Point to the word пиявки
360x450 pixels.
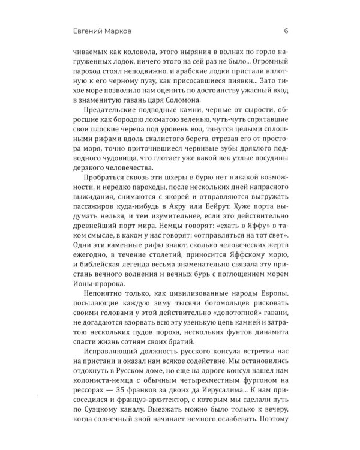pos(224,76)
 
